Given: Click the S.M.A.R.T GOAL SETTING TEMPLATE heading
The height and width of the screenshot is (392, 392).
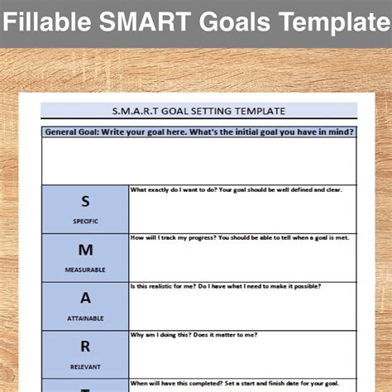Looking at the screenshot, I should coord(198,110).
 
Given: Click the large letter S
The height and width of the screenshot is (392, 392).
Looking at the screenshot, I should coord(85,201).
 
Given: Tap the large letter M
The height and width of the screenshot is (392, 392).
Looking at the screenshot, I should coord(85,250).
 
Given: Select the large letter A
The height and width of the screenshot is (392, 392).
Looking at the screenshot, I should coord(85,298).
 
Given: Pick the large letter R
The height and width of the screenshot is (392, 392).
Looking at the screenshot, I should coord(85,347).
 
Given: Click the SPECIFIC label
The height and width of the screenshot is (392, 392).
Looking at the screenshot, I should coord(85,222).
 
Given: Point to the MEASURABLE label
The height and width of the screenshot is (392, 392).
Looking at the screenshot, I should coord(85,270).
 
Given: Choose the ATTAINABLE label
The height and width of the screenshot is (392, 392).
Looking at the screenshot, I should coord(85,318).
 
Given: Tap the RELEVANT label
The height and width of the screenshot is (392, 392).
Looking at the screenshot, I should coord(85,366).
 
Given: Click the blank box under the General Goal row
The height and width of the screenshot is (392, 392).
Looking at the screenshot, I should coord(198,160).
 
